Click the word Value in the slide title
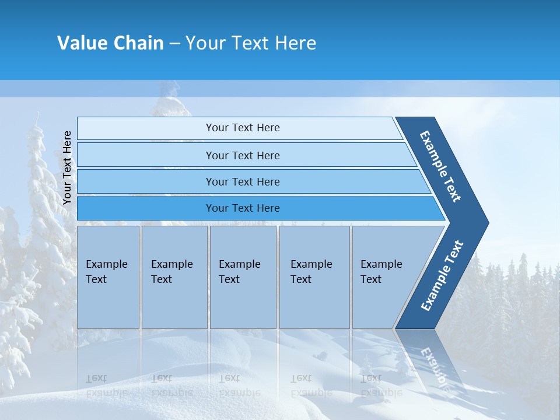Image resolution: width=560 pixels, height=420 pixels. tap(82, 43)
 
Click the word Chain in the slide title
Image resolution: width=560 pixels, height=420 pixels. tap(138, 43)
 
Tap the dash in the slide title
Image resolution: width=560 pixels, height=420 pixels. tap(174, 44)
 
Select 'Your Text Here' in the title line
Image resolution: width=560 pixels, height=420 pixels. tap(251, 43)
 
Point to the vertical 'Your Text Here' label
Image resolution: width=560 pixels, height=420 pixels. tap(67, 167)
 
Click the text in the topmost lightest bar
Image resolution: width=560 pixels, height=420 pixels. tap(243, 128)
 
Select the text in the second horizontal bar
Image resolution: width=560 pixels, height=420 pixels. tap(243, 155)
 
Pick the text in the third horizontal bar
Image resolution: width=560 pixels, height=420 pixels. tap(243, 181)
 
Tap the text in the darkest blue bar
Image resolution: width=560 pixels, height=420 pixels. tap(243, 208)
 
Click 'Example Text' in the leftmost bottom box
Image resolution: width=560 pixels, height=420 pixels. tap(106, 272)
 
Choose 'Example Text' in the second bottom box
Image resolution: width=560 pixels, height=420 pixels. tap(171, 272)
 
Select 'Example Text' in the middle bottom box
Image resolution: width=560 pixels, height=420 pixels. tap(239, 272)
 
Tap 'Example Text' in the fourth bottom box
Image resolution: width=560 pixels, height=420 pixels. tap(311, 272)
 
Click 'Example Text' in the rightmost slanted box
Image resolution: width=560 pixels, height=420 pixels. tap(381, 272)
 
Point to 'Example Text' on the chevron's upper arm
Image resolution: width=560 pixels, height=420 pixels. tap(440, 166)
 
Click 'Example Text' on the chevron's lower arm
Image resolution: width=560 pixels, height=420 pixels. tap(442, 275)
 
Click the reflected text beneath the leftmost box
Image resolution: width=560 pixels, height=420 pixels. tap(106, 386)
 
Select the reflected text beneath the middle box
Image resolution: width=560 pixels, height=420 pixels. tap(239, 386)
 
